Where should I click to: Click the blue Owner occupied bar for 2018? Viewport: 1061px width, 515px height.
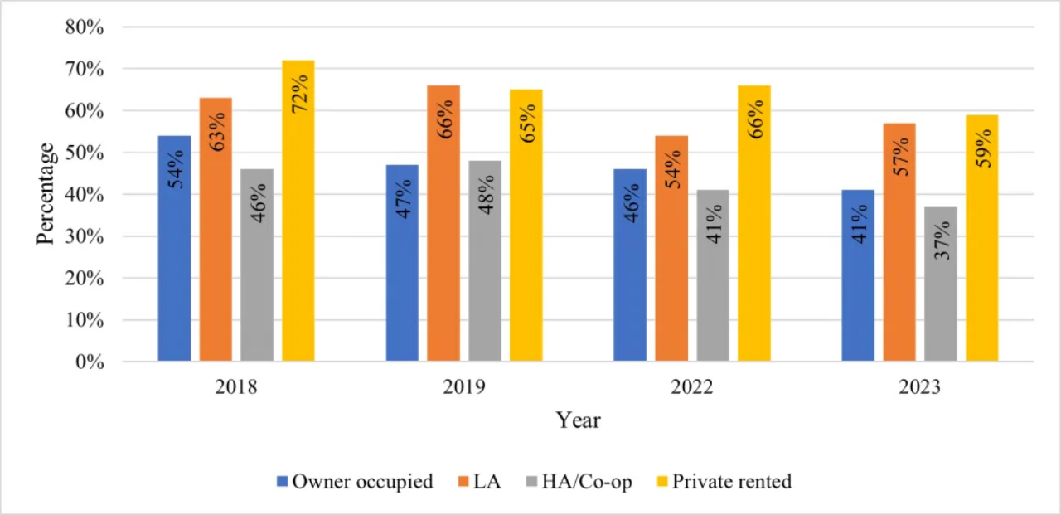coord(174,249)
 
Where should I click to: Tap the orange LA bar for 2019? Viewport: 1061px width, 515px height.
coord(443,224)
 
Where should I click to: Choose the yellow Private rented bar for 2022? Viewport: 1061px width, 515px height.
coord(754,224)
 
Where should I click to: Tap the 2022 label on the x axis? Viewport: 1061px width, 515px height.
coord(692,387)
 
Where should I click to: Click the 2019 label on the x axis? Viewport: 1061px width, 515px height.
coord(464,387)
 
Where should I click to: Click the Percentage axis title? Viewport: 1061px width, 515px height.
coord(46,193)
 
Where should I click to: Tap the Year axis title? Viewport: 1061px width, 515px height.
coord(578,420)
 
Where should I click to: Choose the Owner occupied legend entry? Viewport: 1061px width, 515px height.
coord(355,482)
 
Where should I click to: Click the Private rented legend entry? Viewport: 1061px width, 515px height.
coord(723,482)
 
